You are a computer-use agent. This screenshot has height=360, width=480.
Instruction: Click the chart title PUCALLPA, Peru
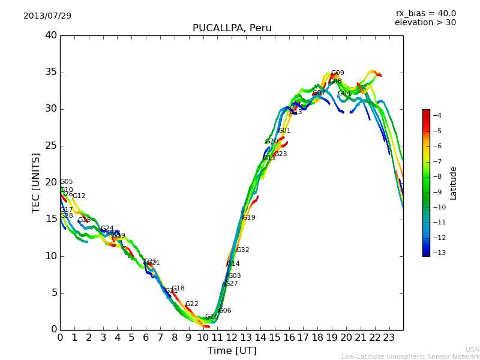coord(232,28)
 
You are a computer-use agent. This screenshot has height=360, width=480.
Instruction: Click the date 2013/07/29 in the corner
coord(47,16)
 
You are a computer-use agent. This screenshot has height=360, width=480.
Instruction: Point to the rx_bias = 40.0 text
coord(425,13)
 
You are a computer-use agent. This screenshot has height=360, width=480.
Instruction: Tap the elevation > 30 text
coord(425,23)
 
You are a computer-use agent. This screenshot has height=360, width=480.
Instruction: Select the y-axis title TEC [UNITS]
coord(36,182)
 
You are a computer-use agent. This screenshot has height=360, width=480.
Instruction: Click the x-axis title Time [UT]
coord(232,351)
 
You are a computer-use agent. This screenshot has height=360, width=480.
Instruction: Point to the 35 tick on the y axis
coord(51,72)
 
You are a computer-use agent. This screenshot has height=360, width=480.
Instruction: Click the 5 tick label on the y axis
coord(53,293)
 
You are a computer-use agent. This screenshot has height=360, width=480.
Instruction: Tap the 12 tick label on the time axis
coord(232,337)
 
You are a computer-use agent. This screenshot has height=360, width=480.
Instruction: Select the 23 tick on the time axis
coord(389,337)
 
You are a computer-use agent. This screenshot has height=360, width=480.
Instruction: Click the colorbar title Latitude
coord(454,183)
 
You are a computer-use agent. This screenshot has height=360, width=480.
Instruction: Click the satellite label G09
coord(338,73)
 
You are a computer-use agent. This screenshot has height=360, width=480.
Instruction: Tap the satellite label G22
coord(191,304)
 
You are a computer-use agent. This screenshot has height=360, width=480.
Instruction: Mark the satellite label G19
coord(248,217)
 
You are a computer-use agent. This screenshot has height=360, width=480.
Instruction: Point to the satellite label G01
coord(284,130)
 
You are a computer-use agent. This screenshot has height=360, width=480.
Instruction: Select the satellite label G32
coord(242,250)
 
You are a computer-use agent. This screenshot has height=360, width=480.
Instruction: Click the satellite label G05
coord(66,182)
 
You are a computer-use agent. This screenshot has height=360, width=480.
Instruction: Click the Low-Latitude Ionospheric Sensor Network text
coord(410,357)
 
